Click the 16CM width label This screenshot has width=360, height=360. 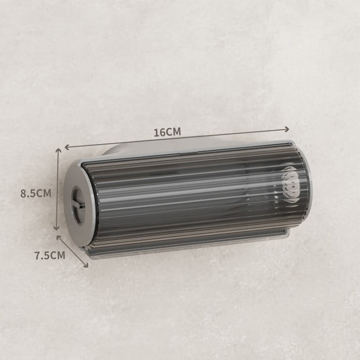tap(167, 132)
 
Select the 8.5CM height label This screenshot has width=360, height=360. tap(36, 193)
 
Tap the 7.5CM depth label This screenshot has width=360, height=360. tap(50, 255)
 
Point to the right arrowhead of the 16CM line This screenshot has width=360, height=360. tap(286, 129)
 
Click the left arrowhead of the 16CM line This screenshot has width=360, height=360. tap(67, 147)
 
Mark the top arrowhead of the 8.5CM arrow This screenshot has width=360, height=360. tap(58, 151)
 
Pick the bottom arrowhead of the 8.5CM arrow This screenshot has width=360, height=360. tap(56, 228)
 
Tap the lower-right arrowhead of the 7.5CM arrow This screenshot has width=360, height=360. tap(85, 265)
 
